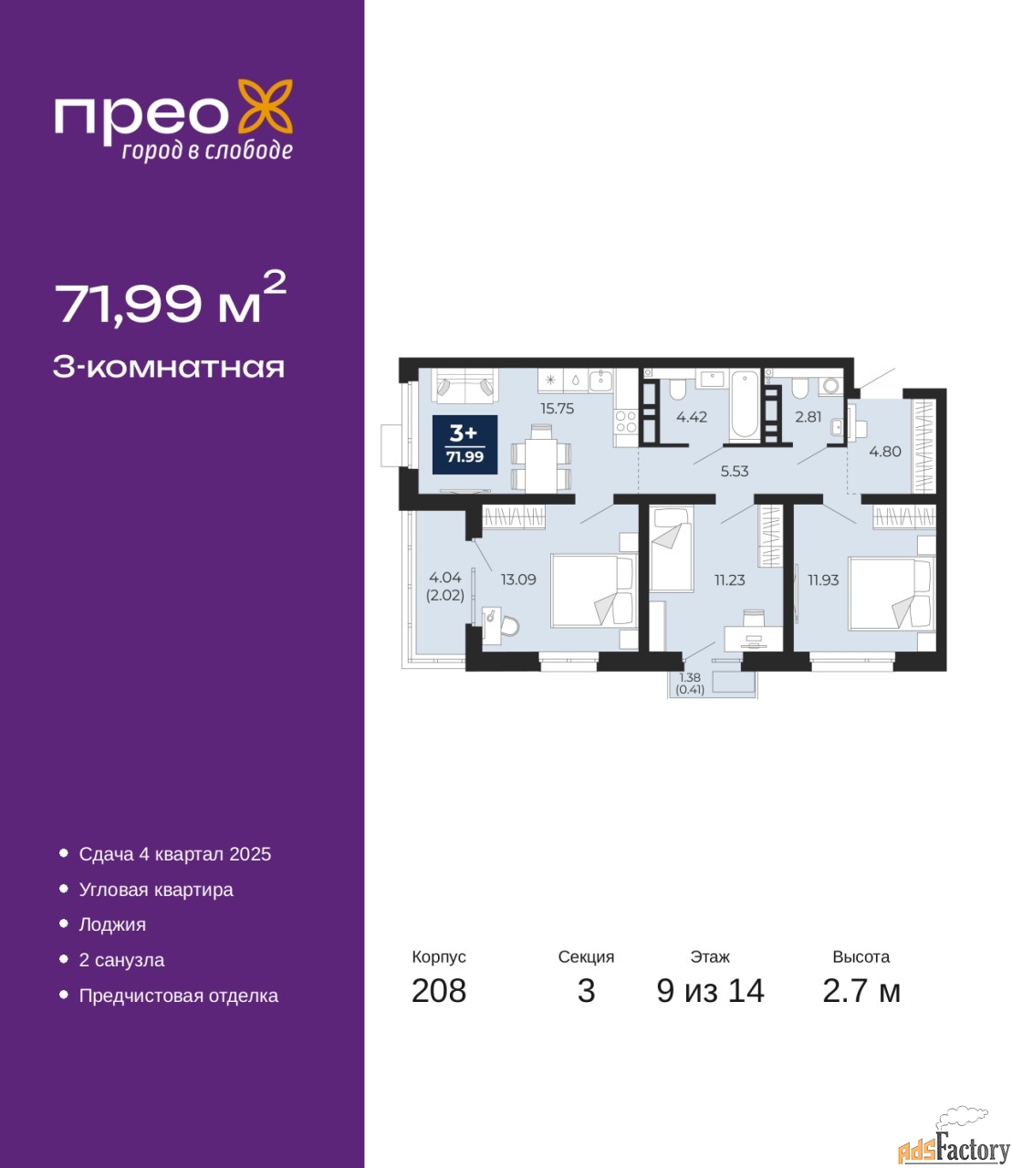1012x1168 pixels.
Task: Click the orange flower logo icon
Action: point(265,106)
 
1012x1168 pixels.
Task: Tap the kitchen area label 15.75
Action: point(558,409)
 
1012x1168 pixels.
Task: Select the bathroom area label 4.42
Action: point(692,417)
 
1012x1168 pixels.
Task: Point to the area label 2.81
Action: point(808,417)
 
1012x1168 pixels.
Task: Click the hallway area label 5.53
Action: point(735,471)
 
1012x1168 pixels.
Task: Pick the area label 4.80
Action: point(885,452)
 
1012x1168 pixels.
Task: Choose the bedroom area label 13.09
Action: point(518,579)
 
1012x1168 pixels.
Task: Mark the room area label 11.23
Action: point(729,579)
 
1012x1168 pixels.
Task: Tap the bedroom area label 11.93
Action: point(823,579)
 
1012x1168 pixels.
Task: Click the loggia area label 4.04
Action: point(445,577)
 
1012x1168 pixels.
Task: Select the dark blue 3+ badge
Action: point(464,444)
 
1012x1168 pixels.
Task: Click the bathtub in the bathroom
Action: point(744,405)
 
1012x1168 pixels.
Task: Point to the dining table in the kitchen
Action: point(541,458)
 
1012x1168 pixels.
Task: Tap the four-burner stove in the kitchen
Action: point(626,422)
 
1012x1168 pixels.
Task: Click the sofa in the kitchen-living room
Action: point(465,386)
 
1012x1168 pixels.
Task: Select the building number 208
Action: point(439,991)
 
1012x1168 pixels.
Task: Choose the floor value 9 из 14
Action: point(710,991)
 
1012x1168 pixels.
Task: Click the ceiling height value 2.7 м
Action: point(861,991)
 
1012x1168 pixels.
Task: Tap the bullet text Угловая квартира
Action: point(156,890)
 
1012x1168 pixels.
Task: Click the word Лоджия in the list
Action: point(112,924)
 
